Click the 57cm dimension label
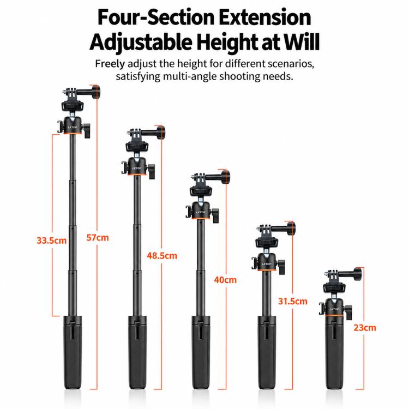pyautogui.click(x=98, y=238)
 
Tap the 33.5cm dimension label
pyautogui.click(x=51, y=240)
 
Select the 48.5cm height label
pyautogui.click(x=162, y=256)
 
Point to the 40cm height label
pyautogui.click(x=225, y=280)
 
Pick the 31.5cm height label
pyautogui.click(x=293, y=301)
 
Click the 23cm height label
pyautogui.click(x=365, y=328)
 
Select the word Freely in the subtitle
pyautogui.click(x=110, y=64)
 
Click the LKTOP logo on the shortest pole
pyautogui.click(x=334, y=309)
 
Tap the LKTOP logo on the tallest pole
pyautogui.click(x=73, y=127)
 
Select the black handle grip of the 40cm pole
pyautogui.click(x=201, y=353)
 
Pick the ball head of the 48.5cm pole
pyautogui.click(x=137, y=167)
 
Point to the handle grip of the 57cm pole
pyautogui.click(x=73, y=353)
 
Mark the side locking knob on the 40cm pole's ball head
pyautogui.click(x=215, y=215)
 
